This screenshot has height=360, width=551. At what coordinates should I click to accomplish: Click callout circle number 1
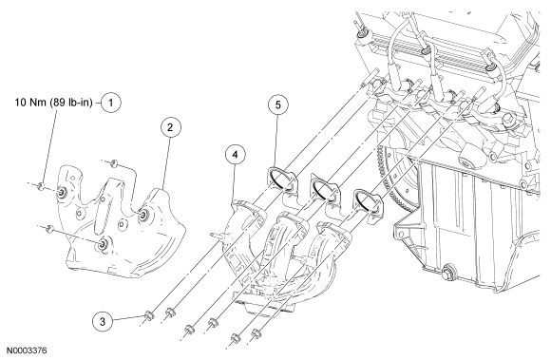111,103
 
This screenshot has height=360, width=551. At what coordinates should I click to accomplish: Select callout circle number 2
170,127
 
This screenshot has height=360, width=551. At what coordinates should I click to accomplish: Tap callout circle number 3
103,321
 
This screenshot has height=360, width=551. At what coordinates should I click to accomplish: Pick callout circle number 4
235,155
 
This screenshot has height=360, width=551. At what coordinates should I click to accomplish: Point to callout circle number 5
278,104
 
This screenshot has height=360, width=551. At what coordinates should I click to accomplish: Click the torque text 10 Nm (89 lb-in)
54,103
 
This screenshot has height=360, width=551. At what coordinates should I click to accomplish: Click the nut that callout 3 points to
149,315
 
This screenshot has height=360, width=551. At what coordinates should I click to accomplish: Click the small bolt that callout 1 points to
41,185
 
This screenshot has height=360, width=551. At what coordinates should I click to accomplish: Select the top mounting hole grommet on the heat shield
63,192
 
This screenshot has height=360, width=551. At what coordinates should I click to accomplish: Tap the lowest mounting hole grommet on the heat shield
104,244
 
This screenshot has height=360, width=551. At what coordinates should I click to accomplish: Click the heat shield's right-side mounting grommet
142,216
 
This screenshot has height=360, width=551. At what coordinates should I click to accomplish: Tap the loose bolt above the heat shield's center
114,163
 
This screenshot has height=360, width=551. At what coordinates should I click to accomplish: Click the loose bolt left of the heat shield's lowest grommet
50,229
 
